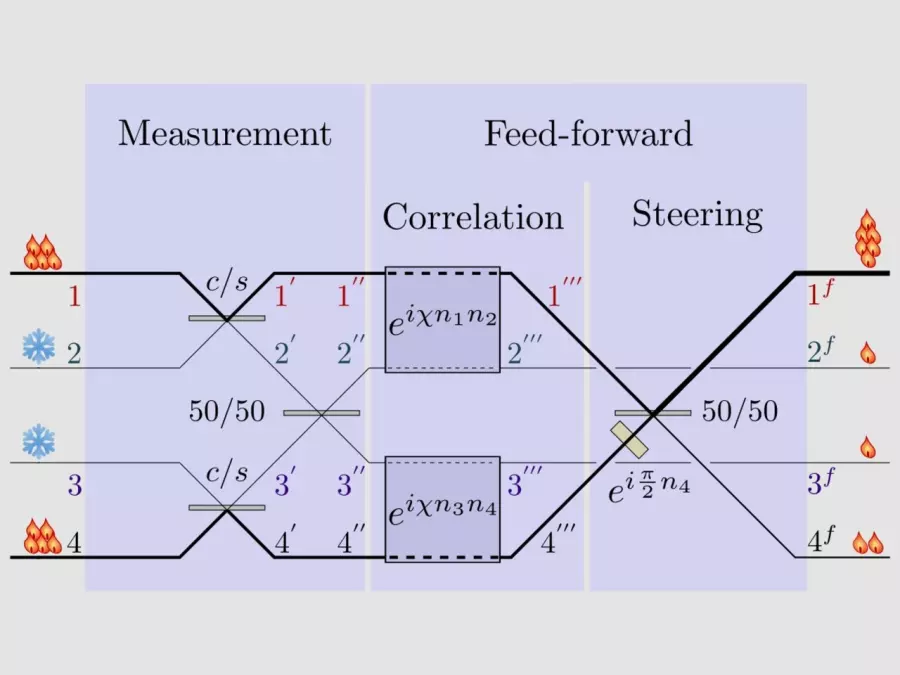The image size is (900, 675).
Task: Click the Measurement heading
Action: point(224,133)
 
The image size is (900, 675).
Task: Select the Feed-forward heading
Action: point(588,133)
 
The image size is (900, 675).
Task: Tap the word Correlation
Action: point(473,216)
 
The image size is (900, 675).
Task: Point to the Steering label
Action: point(697,214)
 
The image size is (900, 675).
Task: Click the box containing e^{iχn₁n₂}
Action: point(442,320)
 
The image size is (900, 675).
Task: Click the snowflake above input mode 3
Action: point(39,440)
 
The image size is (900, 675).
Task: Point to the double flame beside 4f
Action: point(867,543)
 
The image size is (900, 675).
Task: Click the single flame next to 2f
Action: point(867,353)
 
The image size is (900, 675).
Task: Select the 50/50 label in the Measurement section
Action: point(227,411)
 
